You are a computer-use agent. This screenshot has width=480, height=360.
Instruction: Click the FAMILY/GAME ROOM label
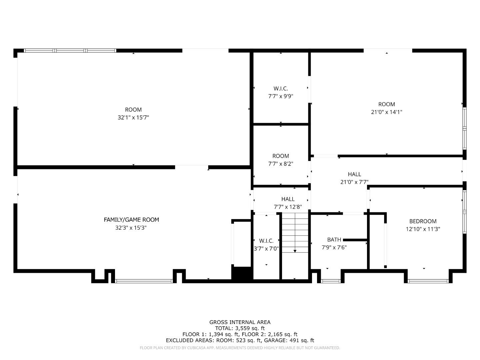[131, 220]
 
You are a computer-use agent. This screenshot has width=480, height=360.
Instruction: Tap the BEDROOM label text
[423, 221]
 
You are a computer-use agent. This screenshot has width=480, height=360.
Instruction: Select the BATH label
[334, 240]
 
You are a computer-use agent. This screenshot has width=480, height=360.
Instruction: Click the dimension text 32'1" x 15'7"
[133, 117]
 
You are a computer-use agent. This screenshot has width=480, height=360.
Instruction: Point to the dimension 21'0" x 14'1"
[386, 112]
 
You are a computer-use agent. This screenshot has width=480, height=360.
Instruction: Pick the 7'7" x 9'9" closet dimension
[281, 96]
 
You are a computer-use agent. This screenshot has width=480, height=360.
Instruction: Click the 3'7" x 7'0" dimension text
[266, 249]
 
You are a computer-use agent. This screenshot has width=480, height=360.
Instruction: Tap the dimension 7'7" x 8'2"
[281, 164]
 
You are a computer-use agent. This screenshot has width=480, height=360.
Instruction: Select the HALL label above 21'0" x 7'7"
[354, 174]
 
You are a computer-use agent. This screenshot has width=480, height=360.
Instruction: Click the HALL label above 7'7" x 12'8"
[288, 199]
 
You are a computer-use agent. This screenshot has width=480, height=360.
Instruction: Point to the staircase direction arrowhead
[295, 251]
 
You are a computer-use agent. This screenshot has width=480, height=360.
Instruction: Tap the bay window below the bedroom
[428, 281]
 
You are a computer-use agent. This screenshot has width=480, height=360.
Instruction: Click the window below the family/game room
[144, 281]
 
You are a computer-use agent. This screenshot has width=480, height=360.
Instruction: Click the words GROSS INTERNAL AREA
[240, 322]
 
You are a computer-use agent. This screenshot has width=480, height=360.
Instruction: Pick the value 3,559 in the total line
[242, 328]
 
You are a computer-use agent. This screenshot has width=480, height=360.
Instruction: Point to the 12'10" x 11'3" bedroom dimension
[423, 229]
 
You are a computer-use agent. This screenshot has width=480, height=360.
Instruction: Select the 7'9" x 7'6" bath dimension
[334, 247]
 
